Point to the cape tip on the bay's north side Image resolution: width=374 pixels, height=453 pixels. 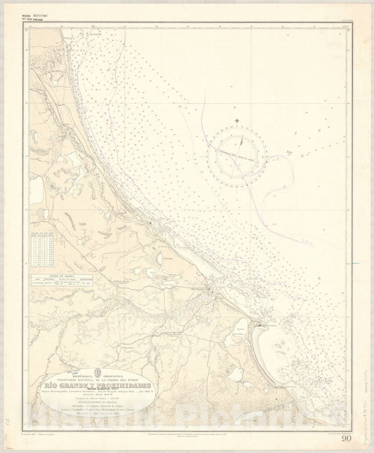coord(260,325)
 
